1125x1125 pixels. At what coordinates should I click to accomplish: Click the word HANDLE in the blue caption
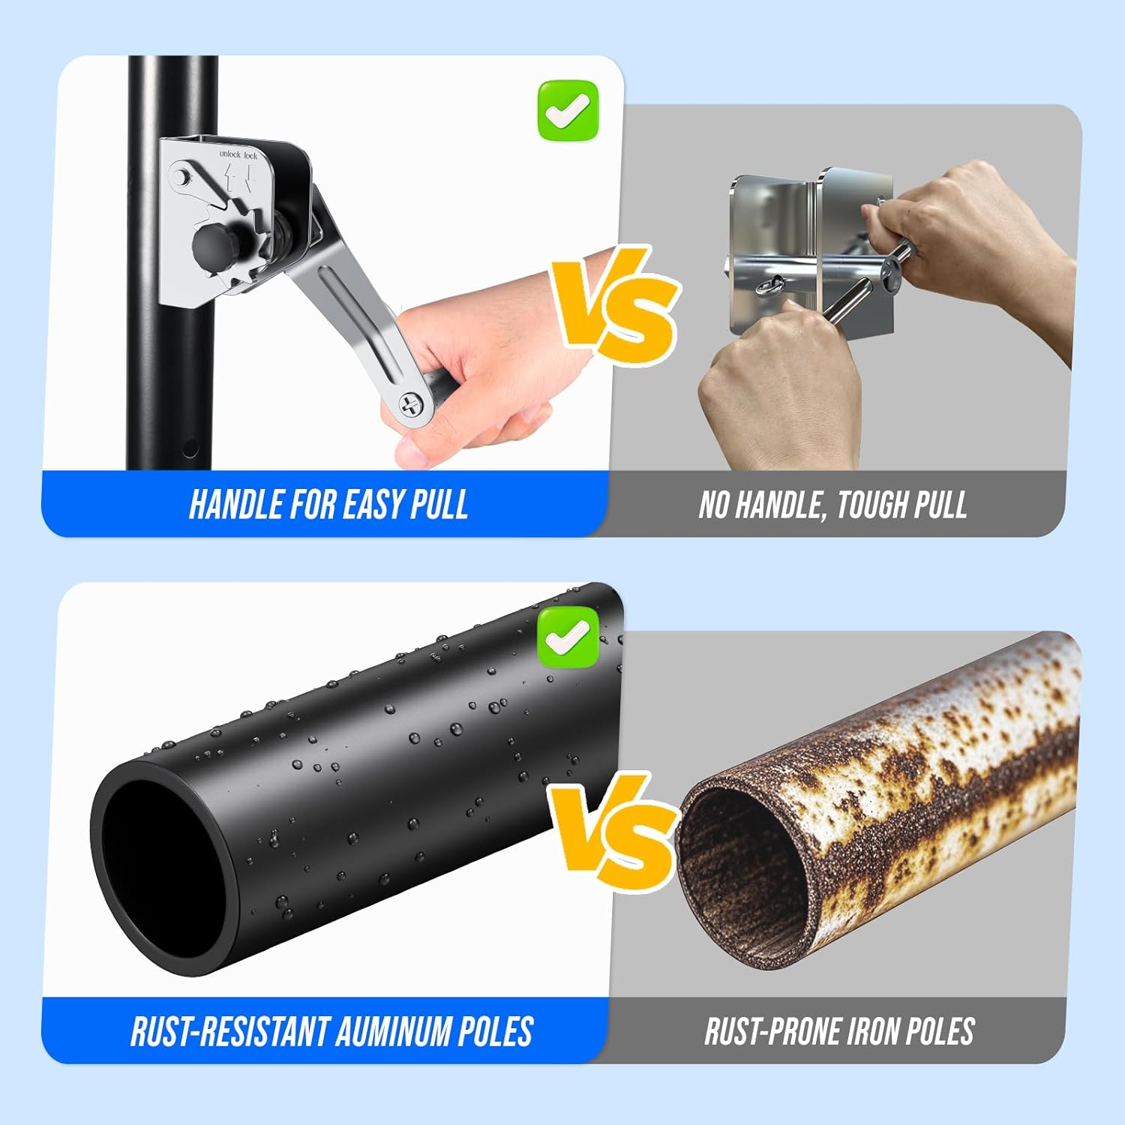235,504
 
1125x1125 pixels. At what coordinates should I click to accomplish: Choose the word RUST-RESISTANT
229,1031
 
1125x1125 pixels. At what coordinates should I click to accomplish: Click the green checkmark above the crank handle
568,111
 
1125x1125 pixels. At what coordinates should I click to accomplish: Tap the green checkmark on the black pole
568,637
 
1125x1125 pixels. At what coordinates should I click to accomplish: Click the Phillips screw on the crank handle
411,406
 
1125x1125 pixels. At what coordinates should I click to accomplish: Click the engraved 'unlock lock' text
238,154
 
